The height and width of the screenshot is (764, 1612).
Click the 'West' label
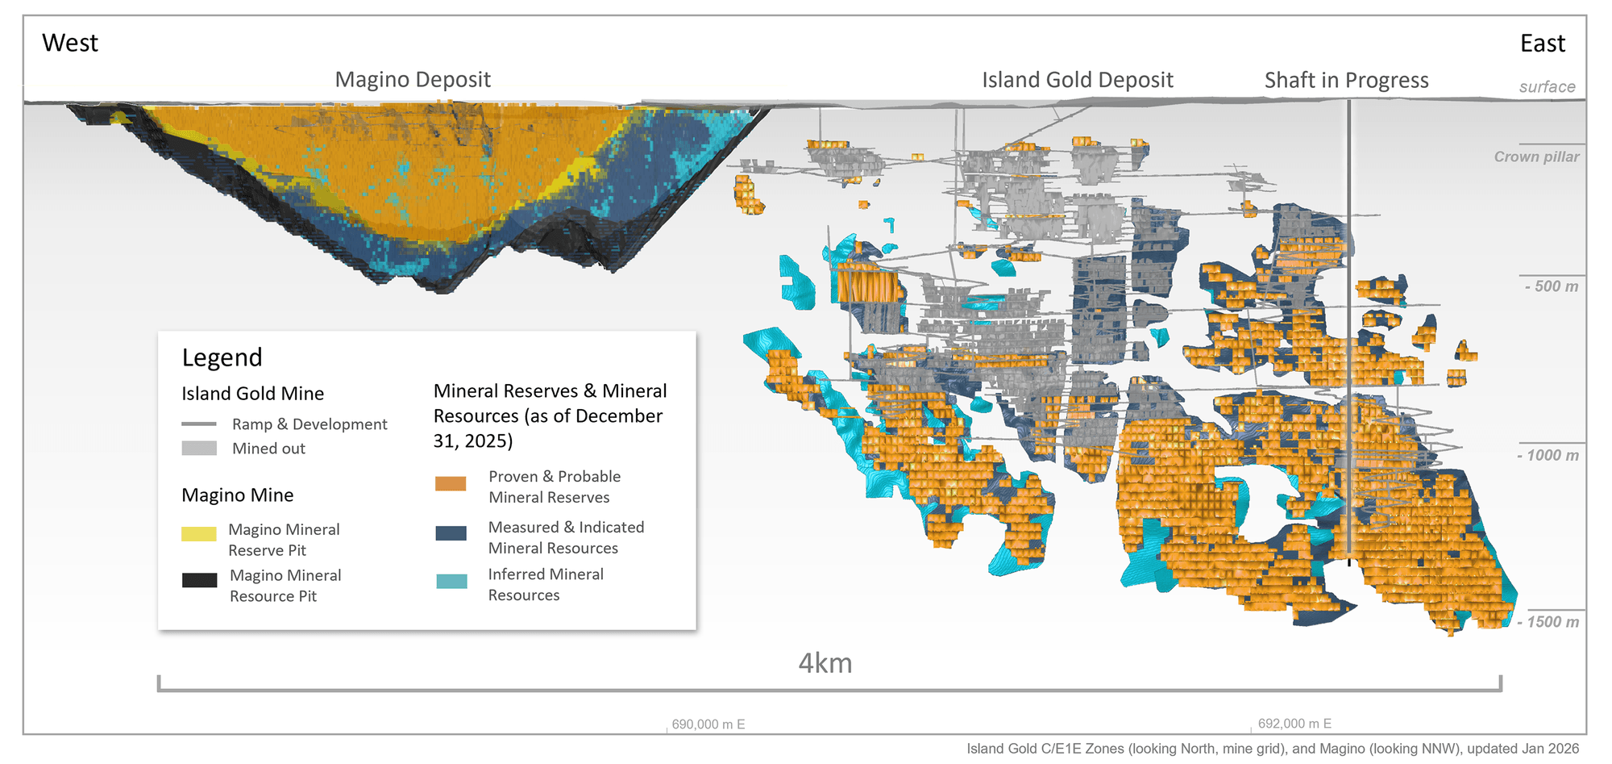click(70, 43)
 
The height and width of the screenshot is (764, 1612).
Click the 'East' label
click(1542, 44)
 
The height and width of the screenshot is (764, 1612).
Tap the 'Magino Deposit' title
click(413, 80)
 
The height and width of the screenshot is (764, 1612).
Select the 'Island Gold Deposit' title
click(1077, 80)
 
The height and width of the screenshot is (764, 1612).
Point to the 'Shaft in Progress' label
click(1346, 81)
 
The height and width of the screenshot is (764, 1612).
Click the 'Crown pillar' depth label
click(1536, 157)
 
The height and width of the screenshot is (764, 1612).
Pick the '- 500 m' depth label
click(1551, 286)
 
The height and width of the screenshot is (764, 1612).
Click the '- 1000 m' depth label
click(1548, 455)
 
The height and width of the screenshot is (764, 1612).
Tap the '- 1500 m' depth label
click(1548, 622)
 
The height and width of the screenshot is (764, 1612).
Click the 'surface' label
click(1547, 87)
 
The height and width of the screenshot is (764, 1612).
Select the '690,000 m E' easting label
click(708, 724)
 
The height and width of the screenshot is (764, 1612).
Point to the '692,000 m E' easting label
click(1294, 724)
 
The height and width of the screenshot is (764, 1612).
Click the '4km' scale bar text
click(825, 663)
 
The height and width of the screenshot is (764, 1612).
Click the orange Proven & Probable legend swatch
click(451, 483)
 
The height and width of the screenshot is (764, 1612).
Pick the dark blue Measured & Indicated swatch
click(451, 533)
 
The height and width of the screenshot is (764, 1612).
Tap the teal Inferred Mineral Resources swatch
click(451, 581)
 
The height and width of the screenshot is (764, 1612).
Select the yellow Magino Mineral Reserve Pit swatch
click(199, 533)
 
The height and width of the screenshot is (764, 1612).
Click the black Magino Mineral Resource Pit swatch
click(199, 580)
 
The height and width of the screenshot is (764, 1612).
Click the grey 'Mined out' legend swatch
click(199, 448)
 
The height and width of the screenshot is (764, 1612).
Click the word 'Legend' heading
click(222, 357)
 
